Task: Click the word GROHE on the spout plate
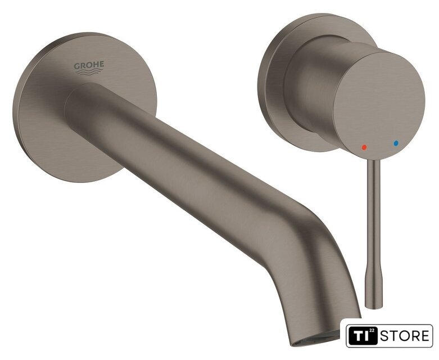(x=89, y=66)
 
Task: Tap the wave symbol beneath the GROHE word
(x=89, y=72)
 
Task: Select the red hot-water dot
(x=364, y=147)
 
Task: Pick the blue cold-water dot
(x=396, y=143)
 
